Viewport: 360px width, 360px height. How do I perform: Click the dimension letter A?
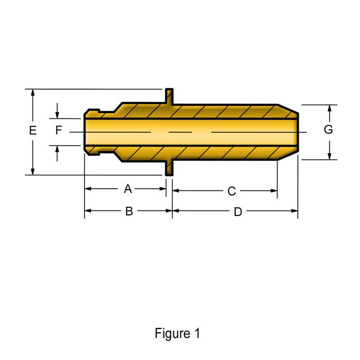coord(128,189)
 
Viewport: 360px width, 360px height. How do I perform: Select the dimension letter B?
coord(129,211)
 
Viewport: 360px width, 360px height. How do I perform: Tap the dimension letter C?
coord(231,191)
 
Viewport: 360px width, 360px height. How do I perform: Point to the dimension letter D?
coord(238,212)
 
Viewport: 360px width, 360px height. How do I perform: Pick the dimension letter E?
coord(33,131)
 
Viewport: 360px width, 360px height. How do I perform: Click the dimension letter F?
coord(59,131)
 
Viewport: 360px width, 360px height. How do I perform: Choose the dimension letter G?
coord(328,130)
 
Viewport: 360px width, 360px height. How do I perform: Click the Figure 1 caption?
coord(177,333)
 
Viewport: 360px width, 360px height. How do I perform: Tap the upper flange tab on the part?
coord(169,97)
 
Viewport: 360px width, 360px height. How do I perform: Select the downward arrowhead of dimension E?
coord(33,171)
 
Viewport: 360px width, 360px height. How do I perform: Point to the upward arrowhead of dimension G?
coord(329,109)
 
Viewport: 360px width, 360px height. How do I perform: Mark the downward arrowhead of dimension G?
coord(329,155)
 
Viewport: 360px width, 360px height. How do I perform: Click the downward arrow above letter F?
coord(57,114)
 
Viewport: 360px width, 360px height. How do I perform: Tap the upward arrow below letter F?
coord(57,149)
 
